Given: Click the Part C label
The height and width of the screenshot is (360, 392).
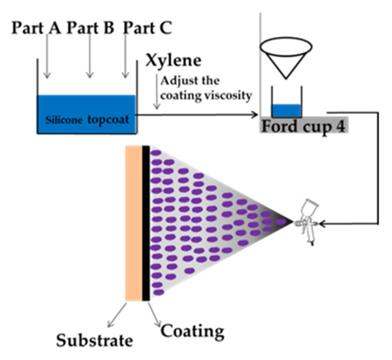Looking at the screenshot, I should click(x=147, y=28).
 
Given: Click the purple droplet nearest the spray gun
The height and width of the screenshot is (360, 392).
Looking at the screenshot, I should click(x=282, y=223).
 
